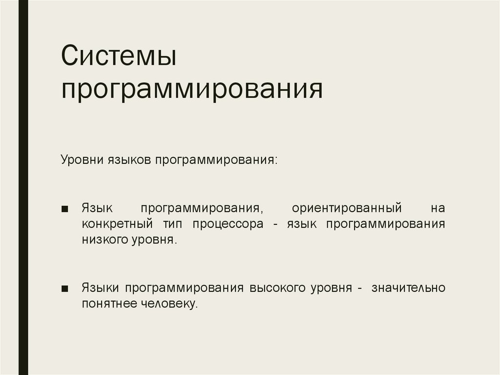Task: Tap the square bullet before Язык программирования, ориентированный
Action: point(65,209)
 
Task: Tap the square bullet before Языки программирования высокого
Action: point(65,288)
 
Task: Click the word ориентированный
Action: point(347,208)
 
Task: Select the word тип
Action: point(169,224)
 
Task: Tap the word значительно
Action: point(408,287)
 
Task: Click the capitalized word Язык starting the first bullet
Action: point(97,208)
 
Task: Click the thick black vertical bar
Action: point(23,187)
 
